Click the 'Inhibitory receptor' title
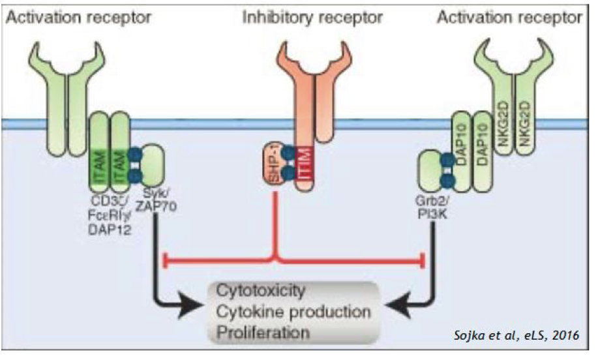(x=312, y=17)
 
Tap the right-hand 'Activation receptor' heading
(x=509, y=17)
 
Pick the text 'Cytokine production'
(x=293, y=310)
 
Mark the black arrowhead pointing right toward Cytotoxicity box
(x=195, y=304)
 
